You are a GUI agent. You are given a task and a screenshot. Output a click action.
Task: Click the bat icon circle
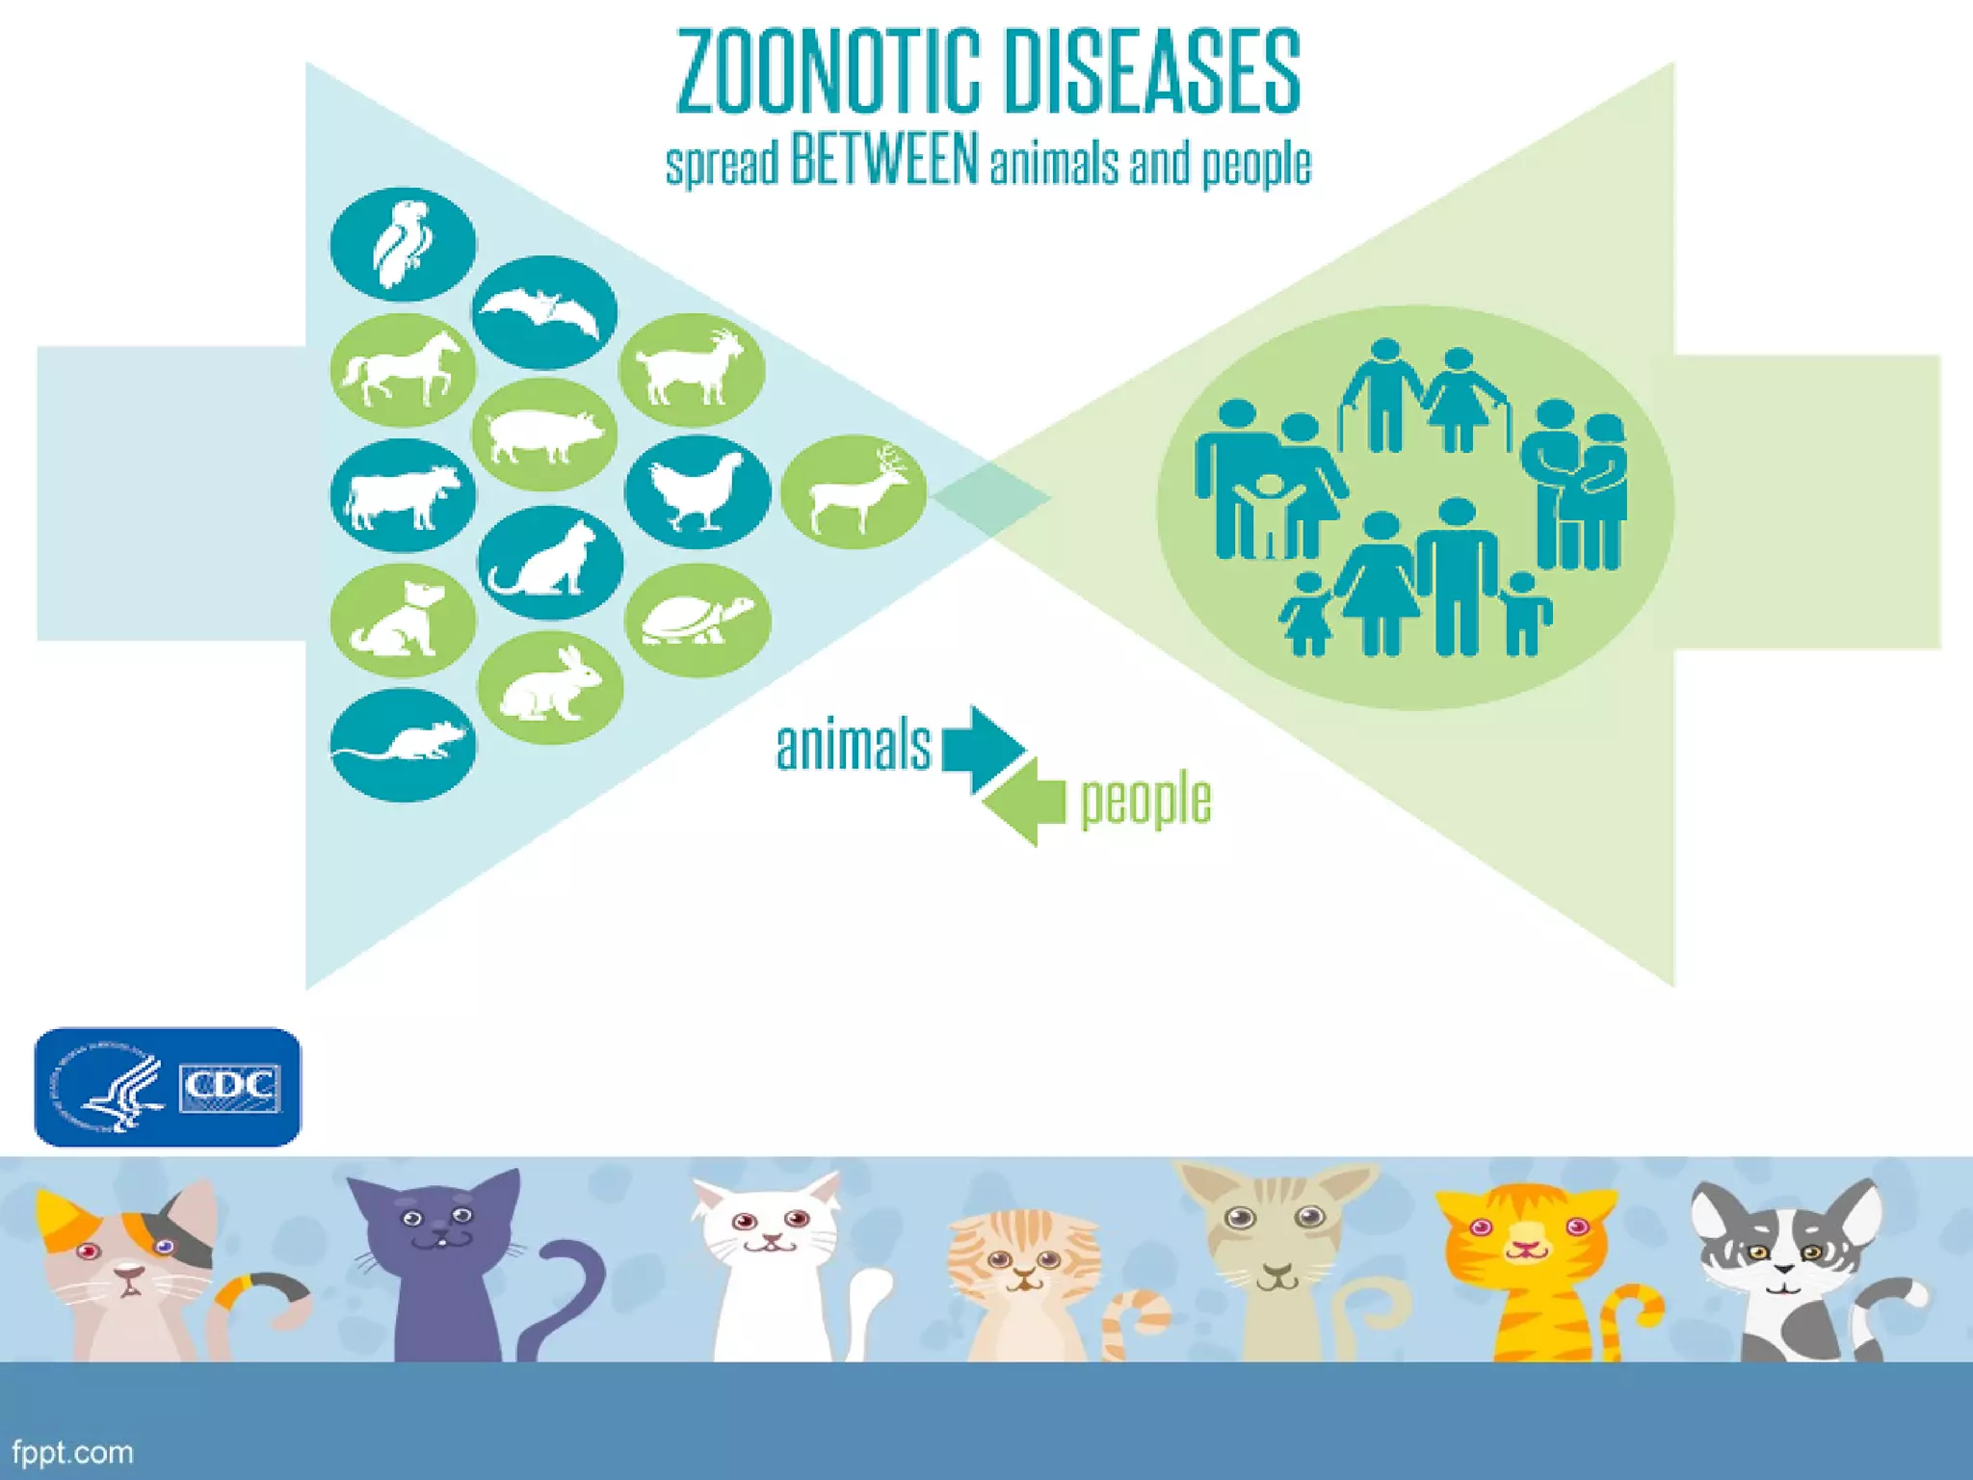pyautogui.click(x=544, y=312)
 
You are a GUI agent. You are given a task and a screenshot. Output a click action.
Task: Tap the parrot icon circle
pyautogui.click(x=403, y=244)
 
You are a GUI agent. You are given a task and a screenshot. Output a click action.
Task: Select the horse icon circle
pyautogui.click(x=403, y=369)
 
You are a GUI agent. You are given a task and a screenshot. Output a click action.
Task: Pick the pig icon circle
pyautogui.click(x=544, y=435)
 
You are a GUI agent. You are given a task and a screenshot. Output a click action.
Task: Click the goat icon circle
pyautogui.click(x=692, y=370)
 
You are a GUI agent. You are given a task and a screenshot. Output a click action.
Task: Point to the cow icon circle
pyautogui.click(x=403, y=495)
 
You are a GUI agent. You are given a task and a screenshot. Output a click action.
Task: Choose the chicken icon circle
pyautogui.click(x=697, y=491)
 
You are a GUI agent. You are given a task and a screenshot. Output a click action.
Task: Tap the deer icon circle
pyautogui.click(x=854, y=491)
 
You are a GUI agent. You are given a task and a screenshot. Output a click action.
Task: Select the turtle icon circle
pyautogui.click(x=697, y=620)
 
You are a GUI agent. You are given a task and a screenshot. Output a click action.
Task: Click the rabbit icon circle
pyautogui.click(x=550, y=687)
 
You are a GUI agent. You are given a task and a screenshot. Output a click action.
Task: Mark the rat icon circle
pyautogui.click(x=403, y=744)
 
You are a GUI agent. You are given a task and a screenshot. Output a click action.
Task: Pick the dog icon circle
pyautogui.click(x=403, y=620)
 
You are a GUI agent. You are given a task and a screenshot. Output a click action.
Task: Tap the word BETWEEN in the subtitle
pyautogui.click(x=884, y=160)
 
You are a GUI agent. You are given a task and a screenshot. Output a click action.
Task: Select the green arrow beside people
pyautogui.click(x=1025, y=802)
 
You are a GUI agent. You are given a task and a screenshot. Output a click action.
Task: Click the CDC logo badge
pyautogui.click(x=168, y=1087)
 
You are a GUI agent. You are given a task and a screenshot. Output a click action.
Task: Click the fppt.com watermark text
pyautogui.click(x=73, y=1452)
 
